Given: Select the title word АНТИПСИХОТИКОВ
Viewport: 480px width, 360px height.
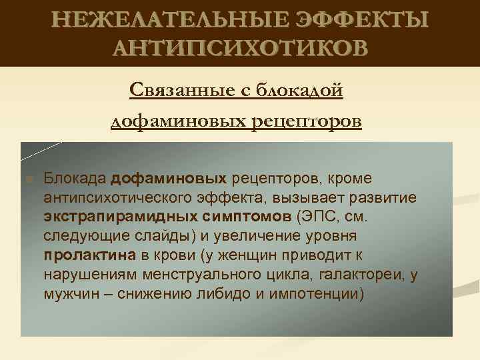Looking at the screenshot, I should coord(240,48).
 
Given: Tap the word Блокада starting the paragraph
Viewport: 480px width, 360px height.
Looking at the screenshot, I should coord(75,179).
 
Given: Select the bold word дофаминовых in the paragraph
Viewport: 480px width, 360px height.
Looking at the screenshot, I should coord(169,179).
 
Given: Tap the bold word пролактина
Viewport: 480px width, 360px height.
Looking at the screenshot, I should coord(90,255).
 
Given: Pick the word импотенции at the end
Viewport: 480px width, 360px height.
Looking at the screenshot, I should coord(321,293).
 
